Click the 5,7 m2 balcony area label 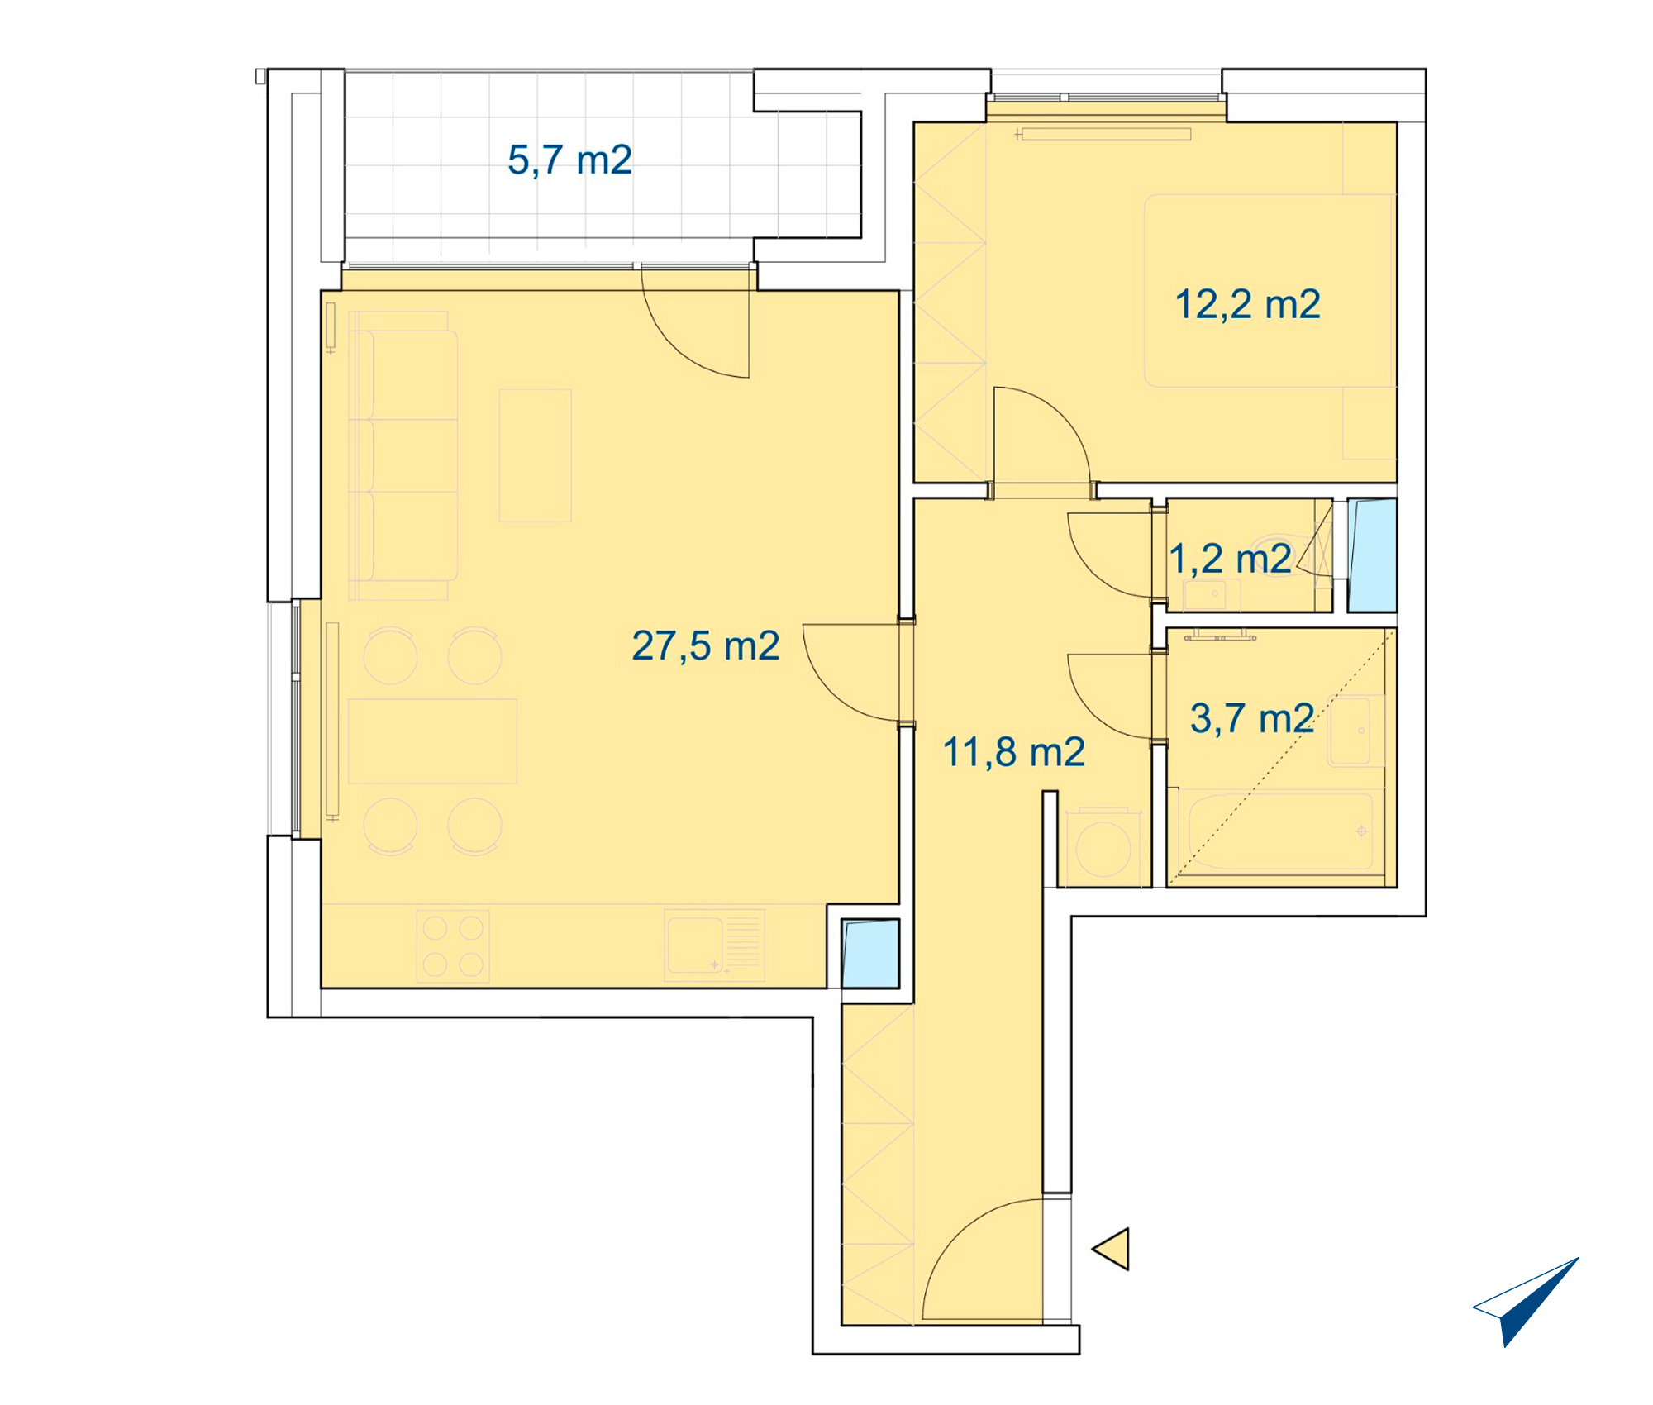coord(569,160)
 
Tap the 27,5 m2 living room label coord(705,646)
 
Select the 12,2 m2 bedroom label coord(1247,304)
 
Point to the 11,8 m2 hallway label coord(1013,752)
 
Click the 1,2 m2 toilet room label coord(1230,560)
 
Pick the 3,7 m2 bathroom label coord(1252,718)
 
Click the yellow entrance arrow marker coord(1112,1248)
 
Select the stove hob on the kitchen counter coord(453,946)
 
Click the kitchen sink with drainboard coord(714,945)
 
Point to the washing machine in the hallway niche coord(1103,848)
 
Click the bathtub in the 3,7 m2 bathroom coord(1279,832)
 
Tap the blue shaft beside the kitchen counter coord(870,954)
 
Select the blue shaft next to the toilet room coord(1372,555)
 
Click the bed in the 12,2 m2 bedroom coord(1270,291)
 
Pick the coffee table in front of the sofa coord(536,455)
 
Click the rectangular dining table coord(432,741)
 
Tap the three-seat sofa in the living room coord(403,455)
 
